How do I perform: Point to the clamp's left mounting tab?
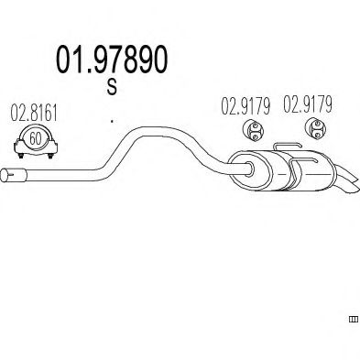[15, 146]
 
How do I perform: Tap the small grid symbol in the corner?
[353, 320]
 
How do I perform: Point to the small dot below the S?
[111, 119]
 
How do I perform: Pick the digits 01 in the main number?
[68, 60]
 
